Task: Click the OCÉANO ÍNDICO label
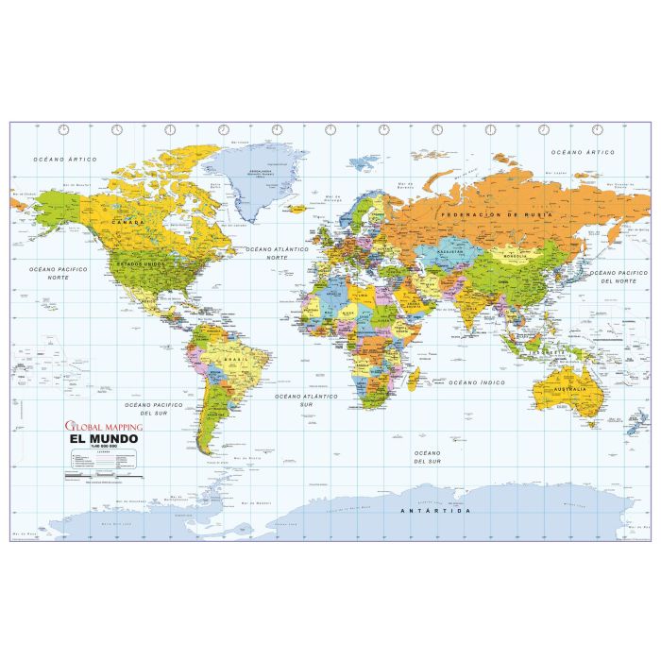tap(473, 382)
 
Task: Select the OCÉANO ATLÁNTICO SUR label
tap(307, 400)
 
